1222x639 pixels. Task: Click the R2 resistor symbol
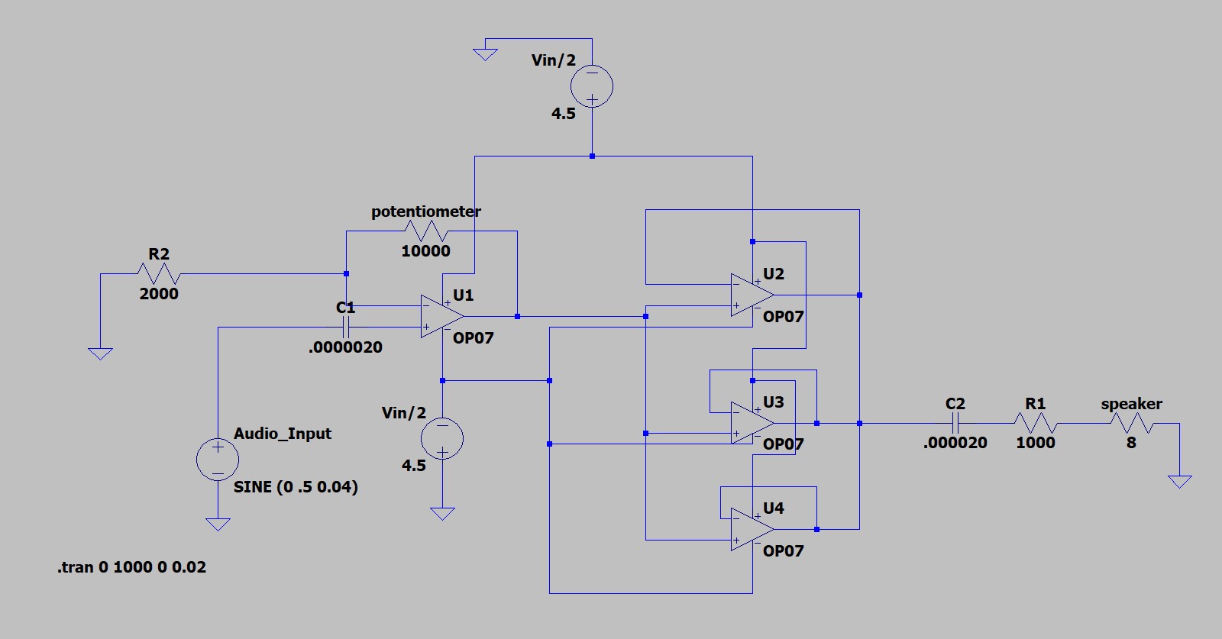click(x=158, y=273)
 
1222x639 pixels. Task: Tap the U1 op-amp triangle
click(x=441, y=316)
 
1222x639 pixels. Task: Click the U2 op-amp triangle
click(x=751, y=295)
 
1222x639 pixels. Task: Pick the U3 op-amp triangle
click(x=751, y=423)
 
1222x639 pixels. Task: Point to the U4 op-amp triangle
click(x=751, y=529)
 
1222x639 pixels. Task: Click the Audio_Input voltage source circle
click(x=218, y=459)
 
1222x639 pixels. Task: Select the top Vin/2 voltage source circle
click(x=592, y=86)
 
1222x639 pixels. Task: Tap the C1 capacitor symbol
click(x=346, y=328)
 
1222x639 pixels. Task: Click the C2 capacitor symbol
click(x=955, y=423)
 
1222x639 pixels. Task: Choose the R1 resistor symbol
click(x=1035, y=423)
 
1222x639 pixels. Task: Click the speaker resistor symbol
click(x=1131, y=423)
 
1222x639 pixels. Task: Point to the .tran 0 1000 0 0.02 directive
click(x=131, y=567)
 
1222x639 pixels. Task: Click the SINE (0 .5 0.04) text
click(x=296, y=487)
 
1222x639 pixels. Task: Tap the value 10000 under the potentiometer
click(x=425, y=251)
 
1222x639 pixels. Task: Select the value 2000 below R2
click(x=159, y=294)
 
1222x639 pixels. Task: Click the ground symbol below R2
click(x=100, y=353)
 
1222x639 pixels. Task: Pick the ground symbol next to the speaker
click(x=1179, y=481)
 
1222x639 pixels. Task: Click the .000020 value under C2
click(x=955, y=443)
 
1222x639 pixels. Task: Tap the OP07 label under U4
click(x=783, y=550)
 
